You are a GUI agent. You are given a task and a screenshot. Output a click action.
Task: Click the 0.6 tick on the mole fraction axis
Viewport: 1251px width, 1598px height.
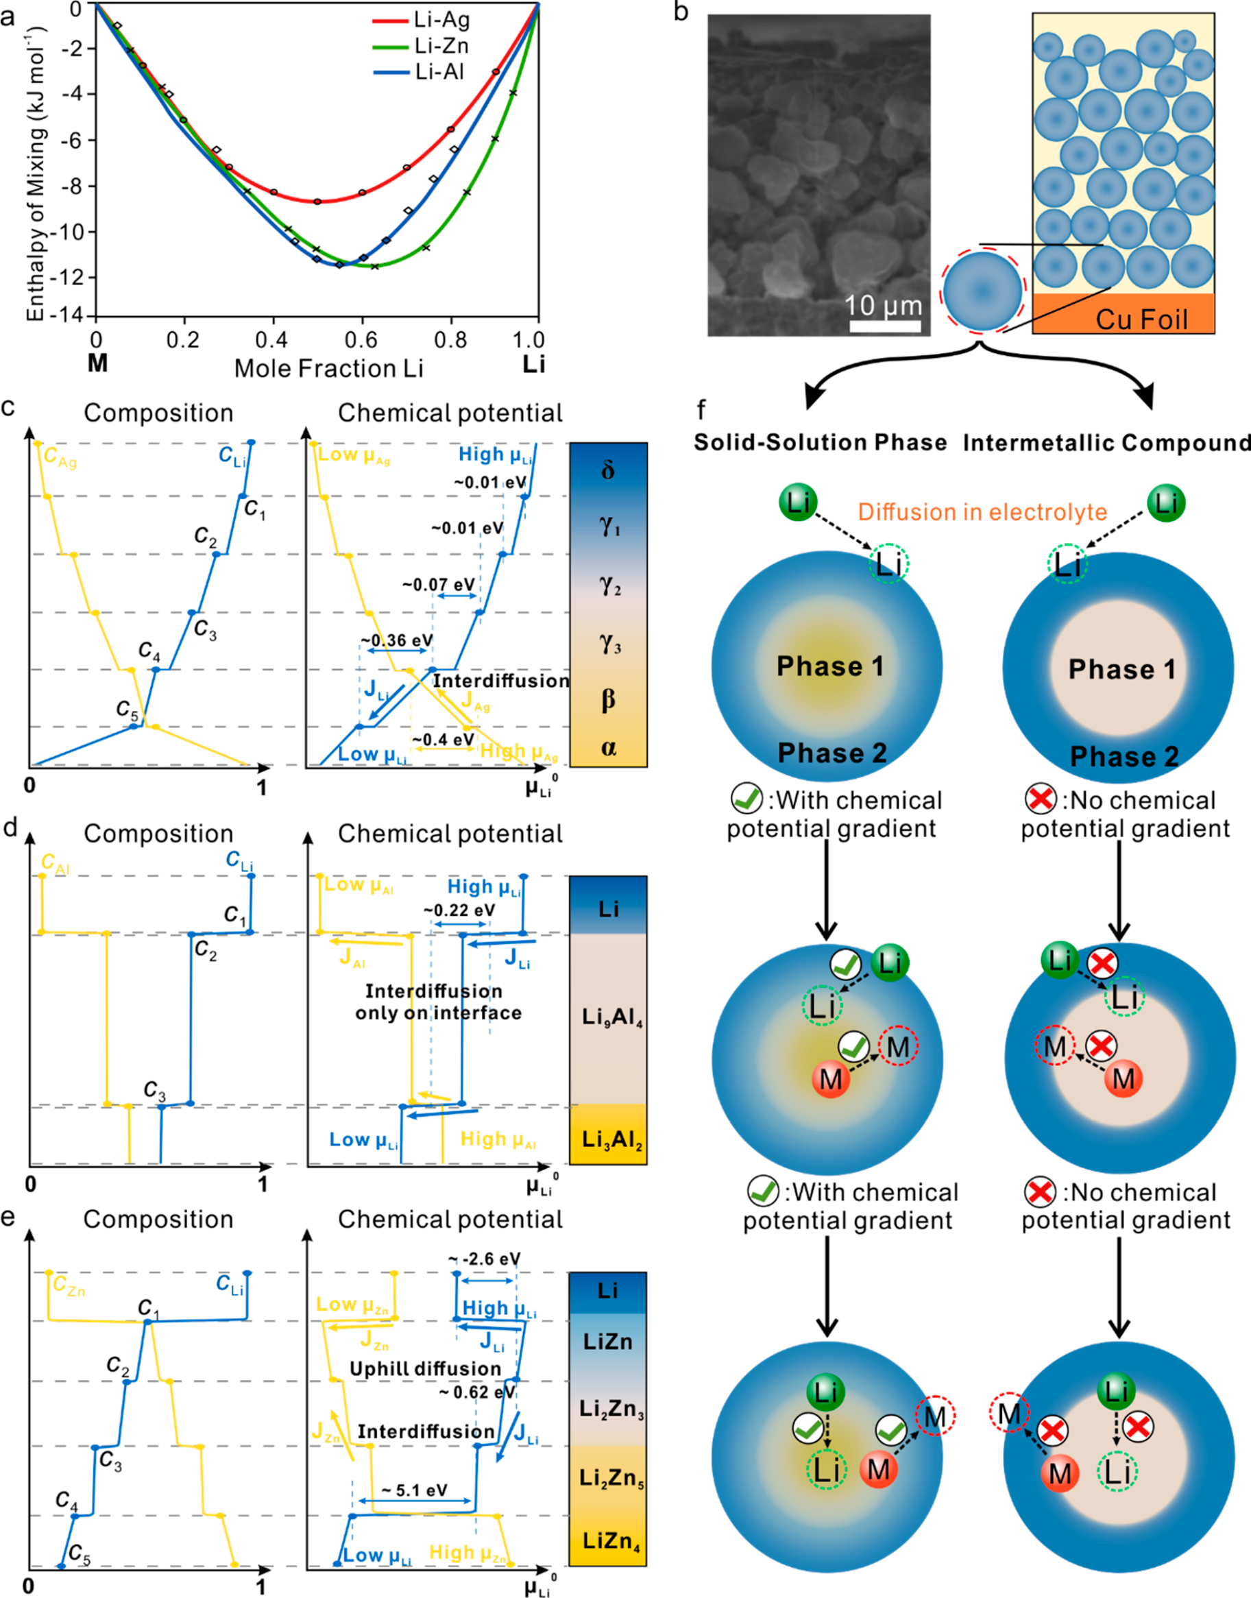(361, 340)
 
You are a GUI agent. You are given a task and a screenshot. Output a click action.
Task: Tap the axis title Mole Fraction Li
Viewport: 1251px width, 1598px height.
(328, 368)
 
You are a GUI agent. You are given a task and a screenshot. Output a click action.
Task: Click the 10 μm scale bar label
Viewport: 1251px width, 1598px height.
(884, 304)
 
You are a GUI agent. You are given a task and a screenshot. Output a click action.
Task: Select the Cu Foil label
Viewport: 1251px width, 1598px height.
(1141, 319)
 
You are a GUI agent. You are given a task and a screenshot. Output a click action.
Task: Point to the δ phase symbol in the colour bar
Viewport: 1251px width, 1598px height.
(608, 470)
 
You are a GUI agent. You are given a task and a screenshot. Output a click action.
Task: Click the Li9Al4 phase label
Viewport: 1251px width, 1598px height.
(609, 1017)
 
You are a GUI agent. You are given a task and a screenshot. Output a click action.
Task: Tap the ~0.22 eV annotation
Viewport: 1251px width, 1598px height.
(459, 910)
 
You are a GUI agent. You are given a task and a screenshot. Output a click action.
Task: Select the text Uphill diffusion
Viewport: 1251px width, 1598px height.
(425, 1369)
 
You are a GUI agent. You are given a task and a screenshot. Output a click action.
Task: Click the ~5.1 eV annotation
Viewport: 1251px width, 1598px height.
(414, 1490)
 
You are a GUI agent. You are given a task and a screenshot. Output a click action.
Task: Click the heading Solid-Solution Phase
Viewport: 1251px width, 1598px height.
(821, 442)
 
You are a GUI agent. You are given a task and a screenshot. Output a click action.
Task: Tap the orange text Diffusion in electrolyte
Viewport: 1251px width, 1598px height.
(982, 512)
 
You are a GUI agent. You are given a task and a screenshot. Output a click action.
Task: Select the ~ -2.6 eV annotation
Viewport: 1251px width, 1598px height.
(485, 1259)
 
